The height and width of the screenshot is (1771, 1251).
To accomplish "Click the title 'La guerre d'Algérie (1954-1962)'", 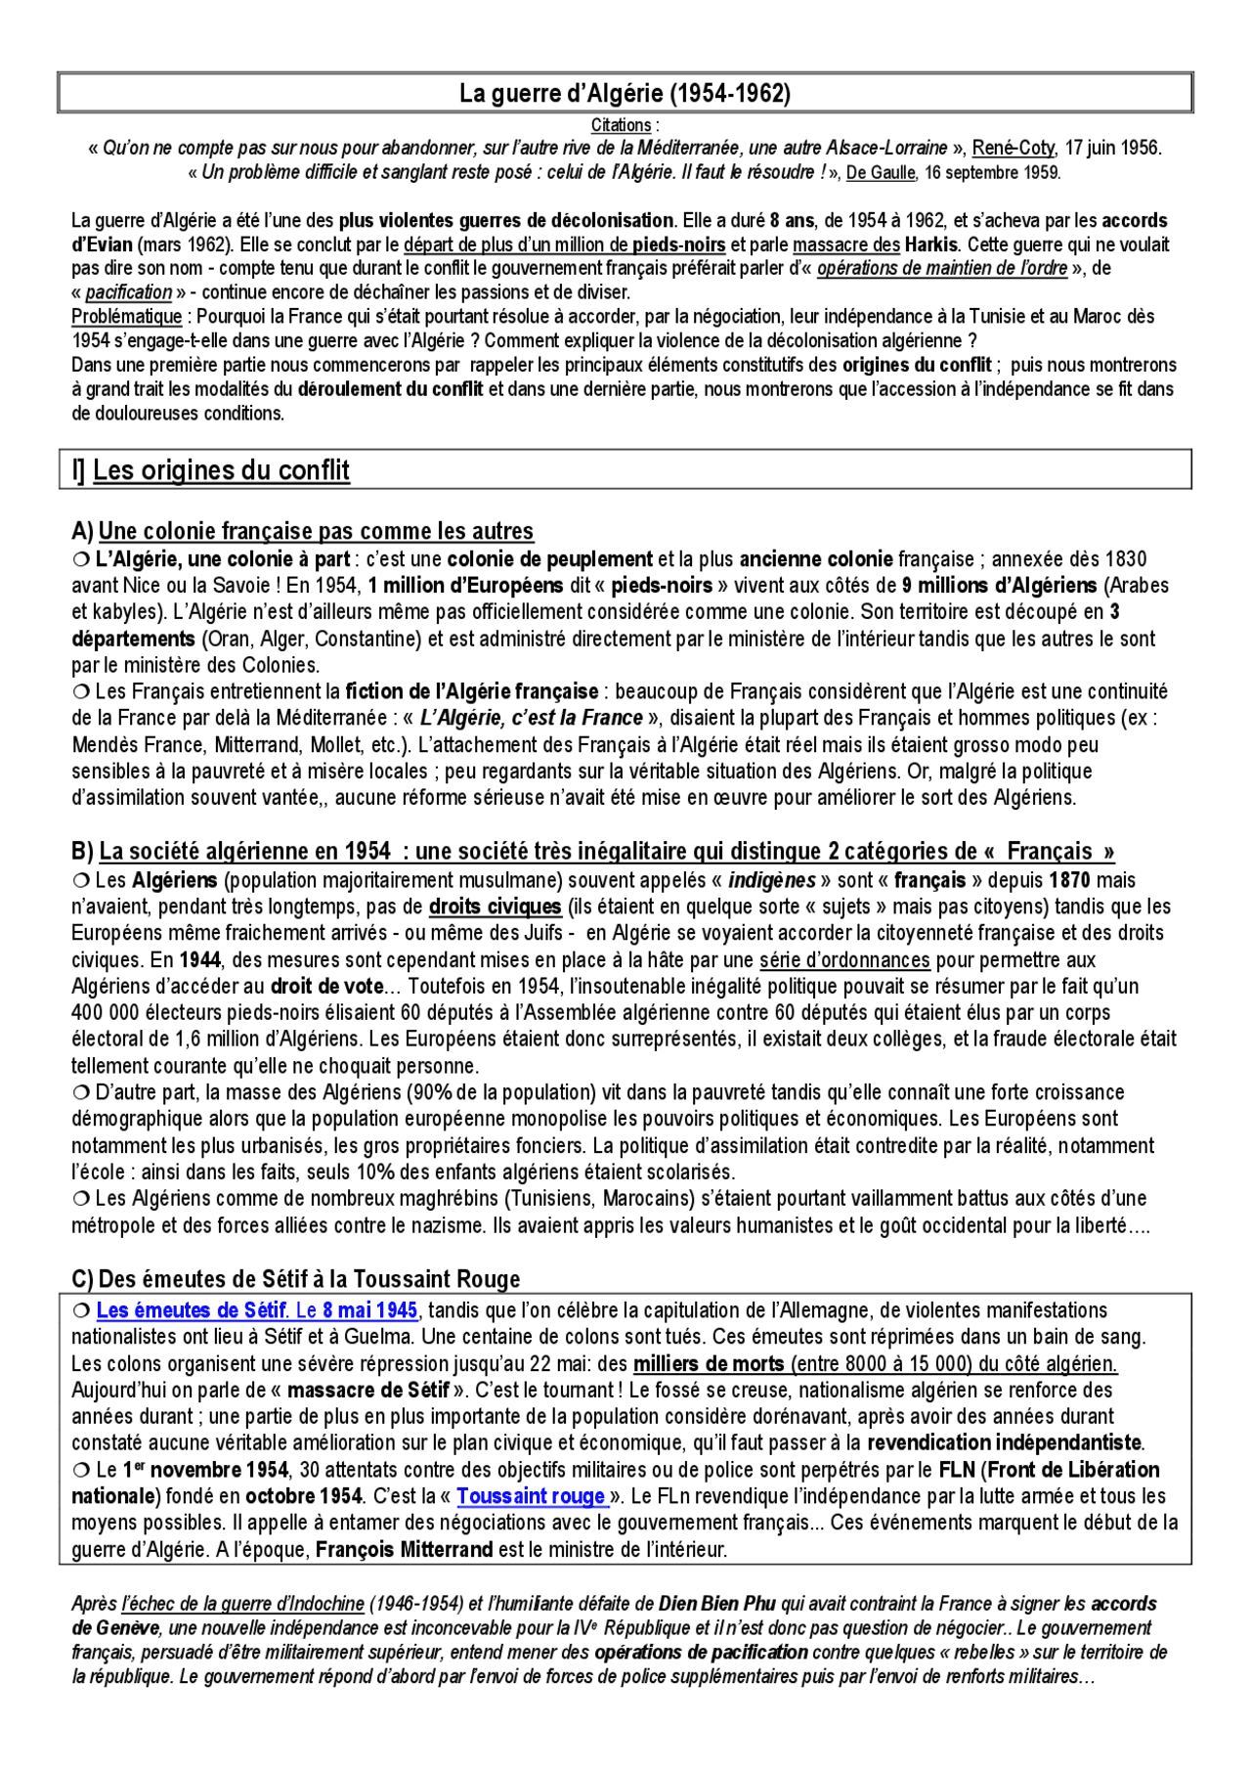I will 625,94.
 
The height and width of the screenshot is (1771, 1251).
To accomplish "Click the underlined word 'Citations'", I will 621,125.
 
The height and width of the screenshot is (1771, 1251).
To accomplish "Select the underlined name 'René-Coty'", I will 1013,149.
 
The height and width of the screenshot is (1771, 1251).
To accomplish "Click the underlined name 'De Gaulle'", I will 880,173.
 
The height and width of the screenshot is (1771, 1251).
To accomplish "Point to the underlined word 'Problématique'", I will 126,317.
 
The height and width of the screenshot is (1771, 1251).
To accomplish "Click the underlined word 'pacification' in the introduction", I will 128,292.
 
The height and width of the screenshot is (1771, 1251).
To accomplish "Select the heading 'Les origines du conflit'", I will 221,470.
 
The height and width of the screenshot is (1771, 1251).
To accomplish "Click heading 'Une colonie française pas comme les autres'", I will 316,532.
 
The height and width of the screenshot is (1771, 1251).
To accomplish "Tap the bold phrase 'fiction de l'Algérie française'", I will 472,692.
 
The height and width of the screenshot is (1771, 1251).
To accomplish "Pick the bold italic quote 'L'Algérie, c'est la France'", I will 531,719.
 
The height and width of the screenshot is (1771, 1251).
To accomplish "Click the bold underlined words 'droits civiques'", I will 495,907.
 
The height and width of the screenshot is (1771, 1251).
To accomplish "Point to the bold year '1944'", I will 199,960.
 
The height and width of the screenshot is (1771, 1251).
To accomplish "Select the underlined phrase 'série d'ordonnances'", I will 844,960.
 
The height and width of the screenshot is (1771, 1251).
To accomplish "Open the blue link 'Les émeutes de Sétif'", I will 192,1310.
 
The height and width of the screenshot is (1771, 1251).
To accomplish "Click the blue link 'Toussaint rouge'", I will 530,1496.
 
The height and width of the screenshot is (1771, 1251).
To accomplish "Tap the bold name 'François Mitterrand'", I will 404,1550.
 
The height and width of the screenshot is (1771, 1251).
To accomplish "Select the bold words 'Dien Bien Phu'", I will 716,1604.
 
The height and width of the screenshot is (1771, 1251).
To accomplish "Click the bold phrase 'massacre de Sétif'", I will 367,1390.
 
